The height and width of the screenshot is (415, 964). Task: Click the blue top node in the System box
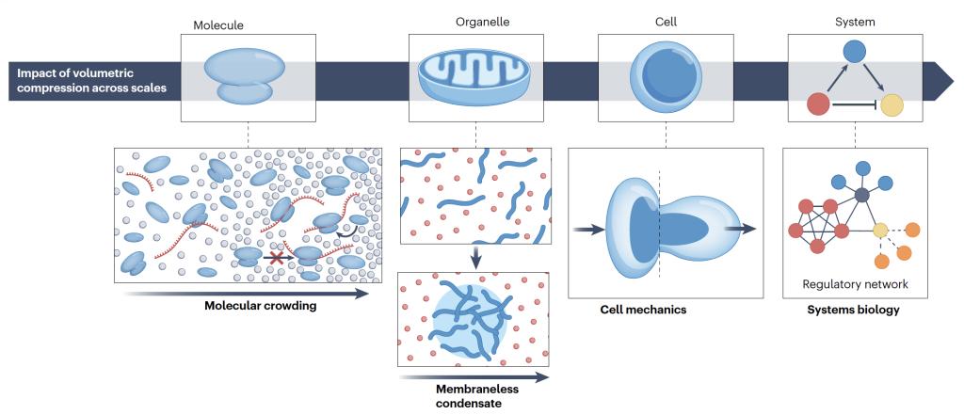(853, 52)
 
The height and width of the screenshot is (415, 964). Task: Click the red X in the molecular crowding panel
(277, 257)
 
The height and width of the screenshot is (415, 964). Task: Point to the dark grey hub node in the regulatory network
(861, 195)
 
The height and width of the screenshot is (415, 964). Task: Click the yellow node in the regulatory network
(880, 230)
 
